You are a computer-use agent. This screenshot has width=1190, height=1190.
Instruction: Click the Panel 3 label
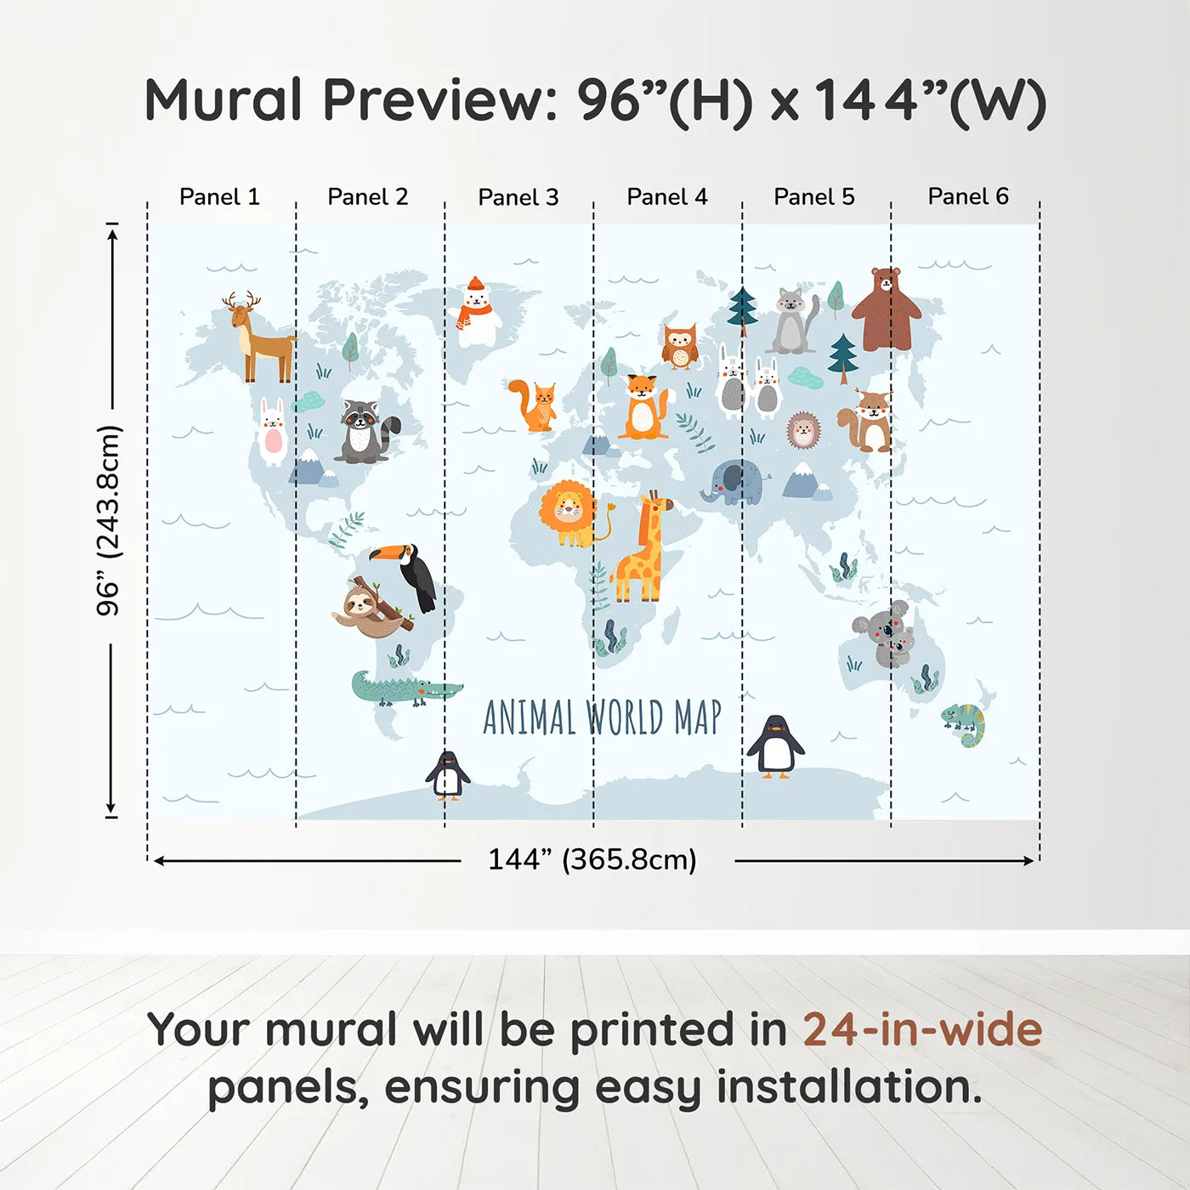[x=518, y=197]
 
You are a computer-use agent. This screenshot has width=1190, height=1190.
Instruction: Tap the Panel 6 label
[x=967, y=196]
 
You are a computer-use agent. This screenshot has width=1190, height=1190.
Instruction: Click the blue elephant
[x=732, y=483]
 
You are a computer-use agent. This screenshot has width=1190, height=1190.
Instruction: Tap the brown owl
[x=680, y=346]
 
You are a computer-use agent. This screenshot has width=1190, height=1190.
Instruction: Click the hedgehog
[x=803, y=430]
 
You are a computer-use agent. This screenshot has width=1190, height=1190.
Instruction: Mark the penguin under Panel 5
[x=775, y=746]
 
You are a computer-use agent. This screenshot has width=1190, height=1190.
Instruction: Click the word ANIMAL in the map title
[x=529, y=717]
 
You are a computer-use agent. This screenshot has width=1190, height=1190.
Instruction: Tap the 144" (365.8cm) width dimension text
[x=592, y=859]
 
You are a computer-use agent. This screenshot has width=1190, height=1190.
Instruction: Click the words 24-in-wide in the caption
[x=921, y=1030]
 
